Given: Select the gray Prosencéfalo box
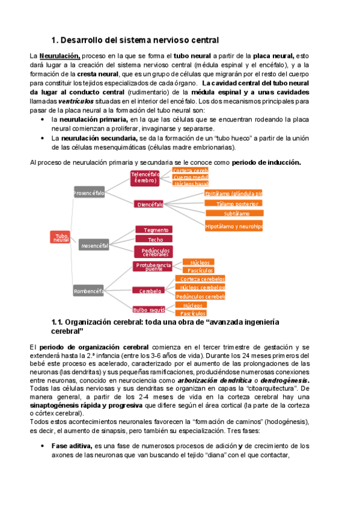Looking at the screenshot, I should (x=89, y=193).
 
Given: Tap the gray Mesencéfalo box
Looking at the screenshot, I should (x=94, y=245).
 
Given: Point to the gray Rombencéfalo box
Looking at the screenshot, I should (x=88, y=291).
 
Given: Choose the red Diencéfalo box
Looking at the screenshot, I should (x=150, y=204).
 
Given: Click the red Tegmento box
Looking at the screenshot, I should (x=156, y=230).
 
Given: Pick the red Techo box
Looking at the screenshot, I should (x=156, y=239).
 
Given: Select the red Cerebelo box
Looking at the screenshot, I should (x=150, y=290).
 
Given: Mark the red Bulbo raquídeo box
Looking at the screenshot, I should (x=150, y=309).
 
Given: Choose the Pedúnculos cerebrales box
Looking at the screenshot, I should (x=156, y=251).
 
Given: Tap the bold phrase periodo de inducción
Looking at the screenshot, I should (x=266, y=162).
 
